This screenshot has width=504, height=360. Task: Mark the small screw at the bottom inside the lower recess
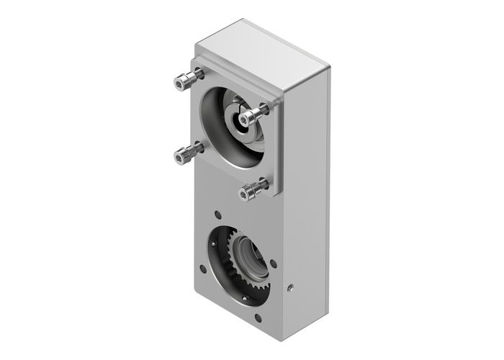[x=245, y=297]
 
